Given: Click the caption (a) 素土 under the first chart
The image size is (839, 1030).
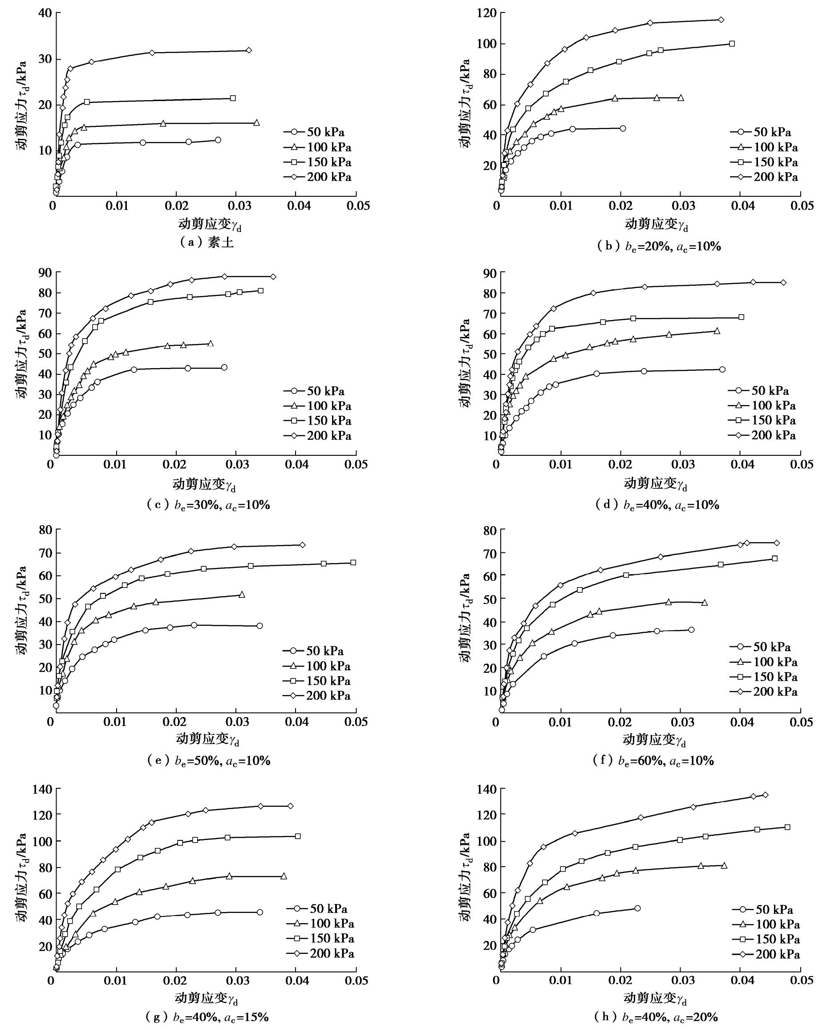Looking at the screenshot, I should click(x=207, y=242).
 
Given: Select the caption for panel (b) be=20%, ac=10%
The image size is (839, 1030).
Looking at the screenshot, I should click(x=659, y=247).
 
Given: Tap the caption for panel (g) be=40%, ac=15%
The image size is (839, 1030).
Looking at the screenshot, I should click(x=207, y=1017).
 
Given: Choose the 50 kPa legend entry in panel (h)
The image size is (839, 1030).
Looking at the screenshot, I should click(x=766, y=910).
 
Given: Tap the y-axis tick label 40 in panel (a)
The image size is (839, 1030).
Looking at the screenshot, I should click(x=45, y=12).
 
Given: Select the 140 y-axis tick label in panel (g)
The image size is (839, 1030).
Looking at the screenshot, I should click(x=43, y=790).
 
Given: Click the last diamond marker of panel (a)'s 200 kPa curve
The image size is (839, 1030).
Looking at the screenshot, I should click(x=249, y=50).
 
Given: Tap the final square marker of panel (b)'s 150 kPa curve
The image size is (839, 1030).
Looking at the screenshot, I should click(x=732, y=44).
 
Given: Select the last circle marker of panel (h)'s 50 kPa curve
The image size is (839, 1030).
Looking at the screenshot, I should click(x=637, y=908).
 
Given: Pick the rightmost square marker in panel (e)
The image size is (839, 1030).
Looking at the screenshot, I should click(x=353, y=563).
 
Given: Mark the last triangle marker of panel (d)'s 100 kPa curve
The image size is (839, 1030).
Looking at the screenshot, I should click(x=717, y=331).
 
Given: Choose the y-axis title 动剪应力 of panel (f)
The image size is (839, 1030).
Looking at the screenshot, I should click(x=466, y=618).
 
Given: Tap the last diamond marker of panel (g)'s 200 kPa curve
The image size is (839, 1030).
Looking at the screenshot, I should click(x=291, y=806).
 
